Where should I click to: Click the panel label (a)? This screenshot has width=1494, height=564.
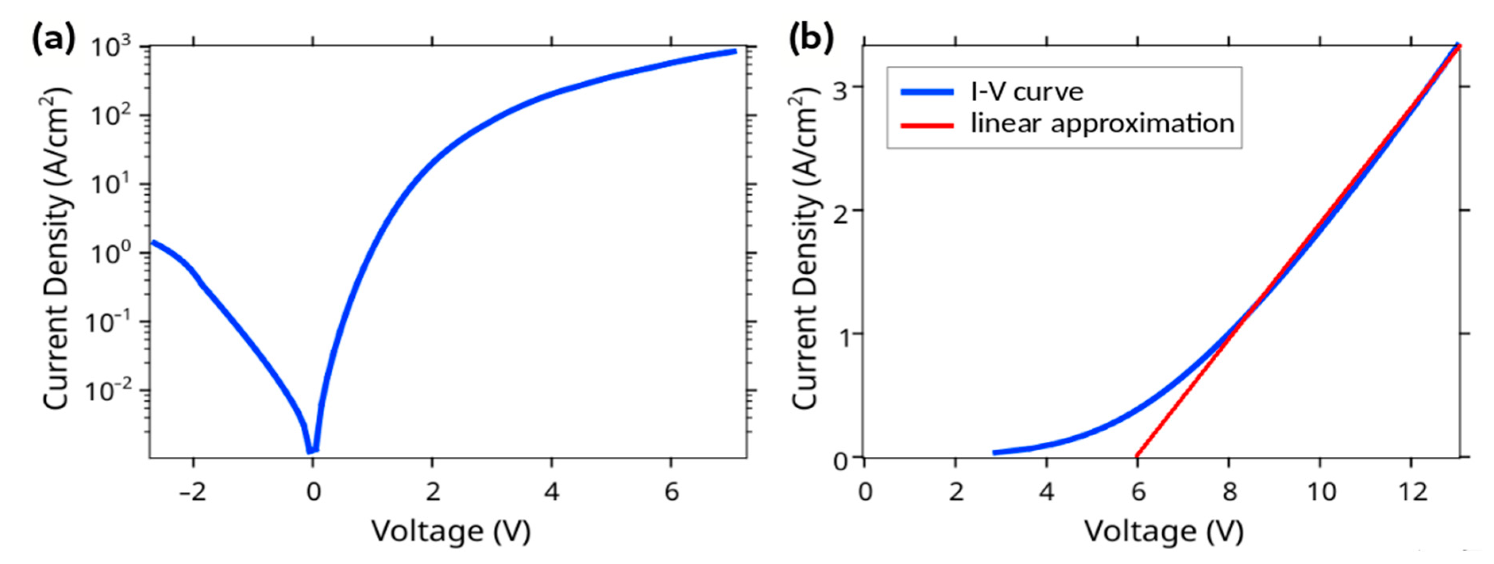[53, 41]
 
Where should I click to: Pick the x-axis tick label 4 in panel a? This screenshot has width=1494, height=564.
[551, 492]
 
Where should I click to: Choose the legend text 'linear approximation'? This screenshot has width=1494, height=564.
[1102, 124]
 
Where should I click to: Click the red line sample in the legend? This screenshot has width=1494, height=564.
[927, 125]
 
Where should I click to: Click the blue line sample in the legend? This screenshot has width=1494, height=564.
[927, 92]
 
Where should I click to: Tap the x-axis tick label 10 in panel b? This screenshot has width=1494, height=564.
[1320, 492]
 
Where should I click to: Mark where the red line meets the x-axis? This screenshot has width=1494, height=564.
[1137, 456]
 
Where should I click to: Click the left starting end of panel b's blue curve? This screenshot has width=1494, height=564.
[994, 452]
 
